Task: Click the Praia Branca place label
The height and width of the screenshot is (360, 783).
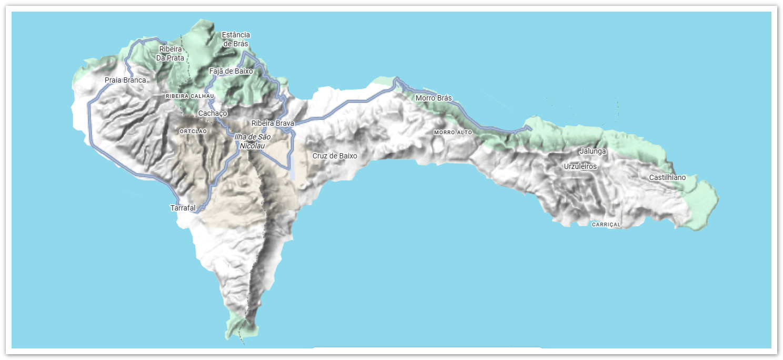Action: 125,81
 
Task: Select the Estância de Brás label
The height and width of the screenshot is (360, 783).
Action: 235,39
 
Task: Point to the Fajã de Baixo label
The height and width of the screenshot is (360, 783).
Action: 231,71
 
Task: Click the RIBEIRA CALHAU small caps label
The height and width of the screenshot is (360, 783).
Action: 190,96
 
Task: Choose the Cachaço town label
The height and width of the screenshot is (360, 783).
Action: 213,113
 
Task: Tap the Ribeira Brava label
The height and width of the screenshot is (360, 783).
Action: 273,123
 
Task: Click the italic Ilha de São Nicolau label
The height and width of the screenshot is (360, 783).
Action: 249,141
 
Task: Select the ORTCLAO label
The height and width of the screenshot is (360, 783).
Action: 193,131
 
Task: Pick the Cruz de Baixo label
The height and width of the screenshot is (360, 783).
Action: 335,156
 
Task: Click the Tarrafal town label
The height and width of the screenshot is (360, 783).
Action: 183,208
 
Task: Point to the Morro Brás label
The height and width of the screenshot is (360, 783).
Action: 434,98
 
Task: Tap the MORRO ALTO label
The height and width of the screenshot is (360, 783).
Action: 453,132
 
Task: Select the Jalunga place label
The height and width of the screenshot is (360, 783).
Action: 593,151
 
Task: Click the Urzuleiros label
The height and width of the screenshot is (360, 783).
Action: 580,166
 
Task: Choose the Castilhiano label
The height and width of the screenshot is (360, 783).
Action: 667,177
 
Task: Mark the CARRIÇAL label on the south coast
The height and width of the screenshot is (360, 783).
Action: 607,225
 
